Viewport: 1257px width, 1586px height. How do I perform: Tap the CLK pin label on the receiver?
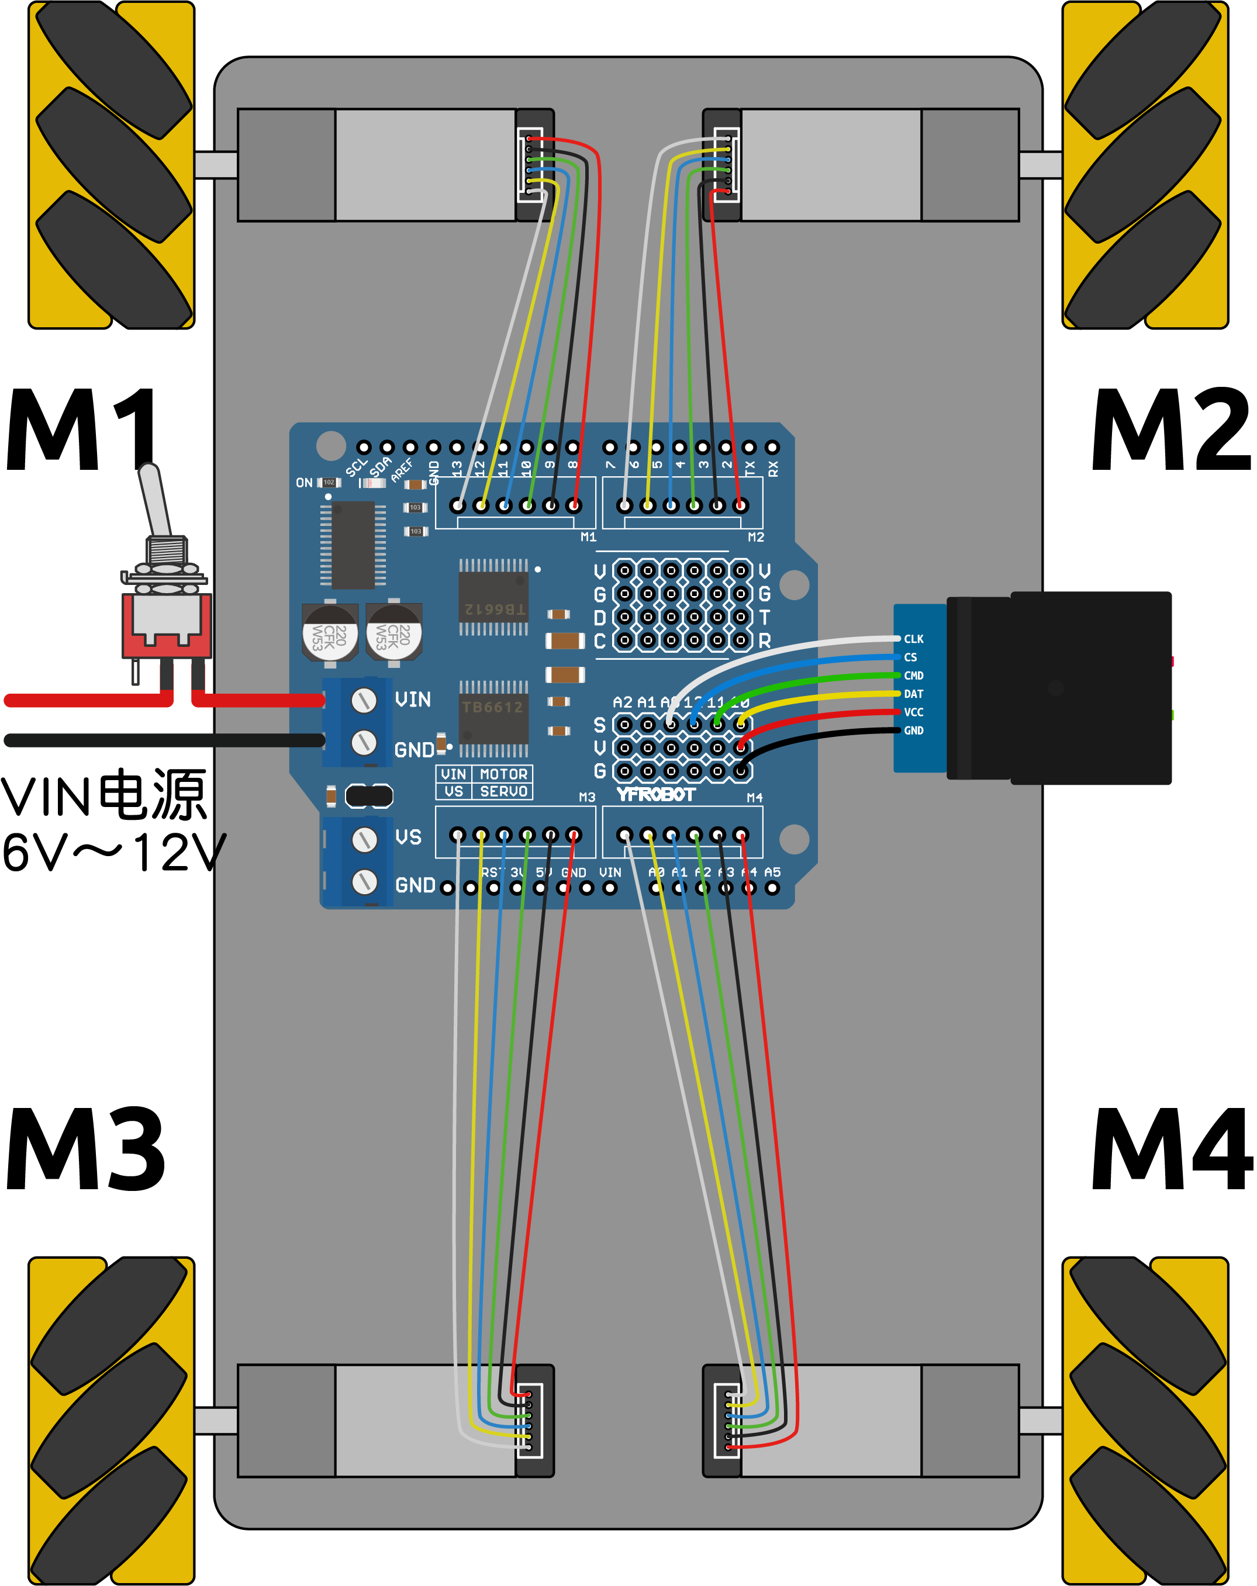coord(914,639)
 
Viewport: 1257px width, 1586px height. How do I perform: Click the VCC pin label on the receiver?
coord(914,713)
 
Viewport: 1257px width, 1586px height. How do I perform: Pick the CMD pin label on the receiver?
coord(914,676)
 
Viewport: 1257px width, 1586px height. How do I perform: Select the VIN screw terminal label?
coord(413,699)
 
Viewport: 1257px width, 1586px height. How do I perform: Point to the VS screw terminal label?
coord(409,838)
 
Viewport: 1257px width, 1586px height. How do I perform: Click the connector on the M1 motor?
coord(534,165)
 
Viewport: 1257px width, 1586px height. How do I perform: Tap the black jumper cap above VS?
coord(369,796)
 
